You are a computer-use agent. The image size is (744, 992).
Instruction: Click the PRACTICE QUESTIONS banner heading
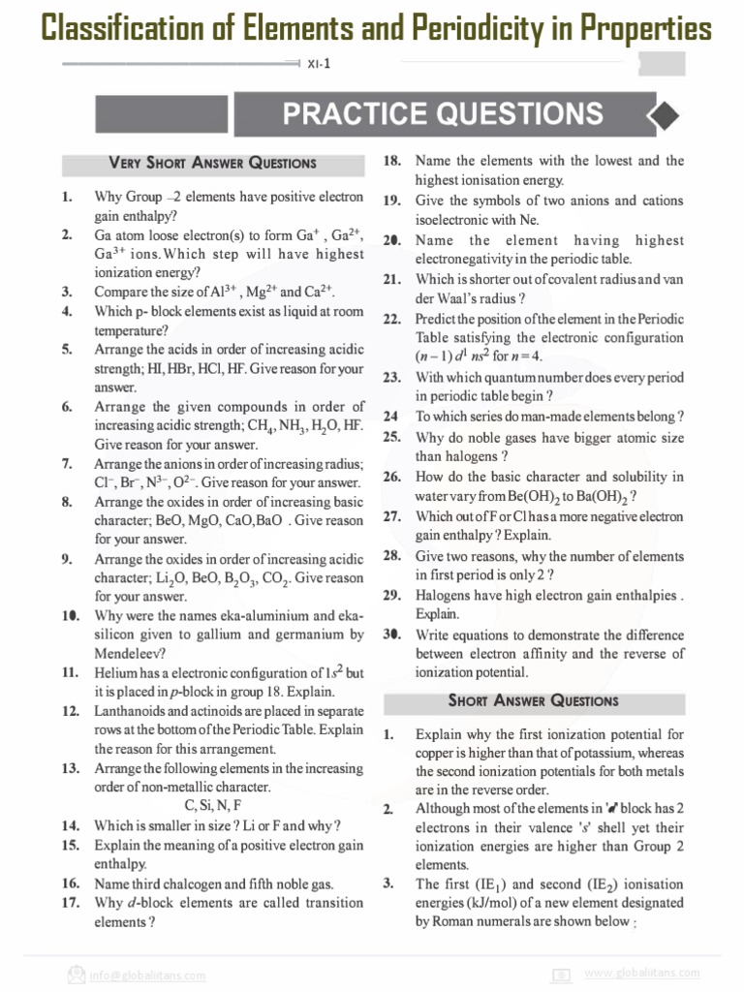443,114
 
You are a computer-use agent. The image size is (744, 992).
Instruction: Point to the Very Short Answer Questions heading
212,163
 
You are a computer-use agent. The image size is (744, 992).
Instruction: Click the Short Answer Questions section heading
533,699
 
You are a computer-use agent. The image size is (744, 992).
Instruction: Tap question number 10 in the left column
70,615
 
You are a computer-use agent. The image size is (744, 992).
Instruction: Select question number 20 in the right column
391,240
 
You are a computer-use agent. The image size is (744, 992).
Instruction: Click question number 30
391,635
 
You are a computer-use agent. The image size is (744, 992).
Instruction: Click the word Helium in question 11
116,672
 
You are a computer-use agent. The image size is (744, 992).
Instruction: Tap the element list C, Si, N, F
212,805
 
